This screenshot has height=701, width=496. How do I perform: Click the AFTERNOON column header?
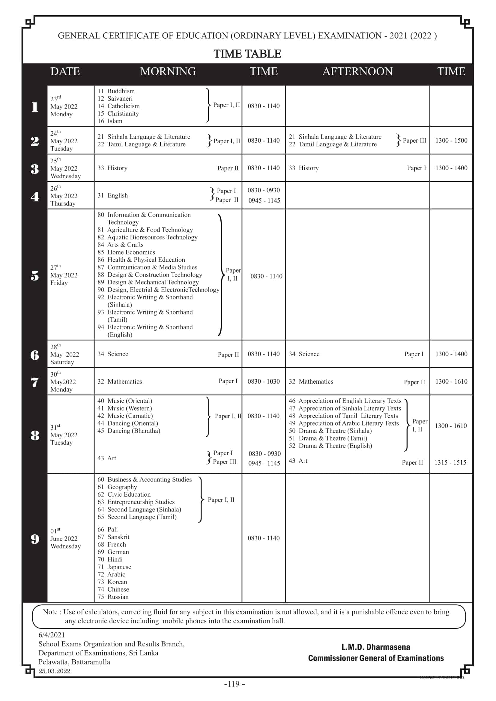357,71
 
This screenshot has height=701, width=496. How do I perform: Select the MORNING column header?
168,71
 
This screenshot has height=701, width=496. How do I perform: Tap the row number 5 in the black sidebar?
35,276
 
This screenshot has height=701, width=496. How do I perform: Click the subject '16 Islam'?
110,121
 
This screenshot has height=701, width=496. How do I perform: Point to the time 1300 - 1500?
451,141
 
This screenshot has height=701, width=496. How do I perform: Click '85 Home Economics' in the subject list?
126,252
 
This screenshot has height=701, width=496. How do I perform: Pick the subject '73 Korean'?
112,582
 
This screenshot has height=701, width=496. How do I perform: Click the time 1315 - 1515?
450,462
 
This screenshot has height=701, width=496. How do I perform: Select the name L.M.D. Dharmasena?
376,647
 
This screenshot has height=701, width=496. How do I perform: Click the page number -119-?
235,684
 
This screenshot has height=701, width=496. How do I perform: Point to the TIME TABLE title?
247,54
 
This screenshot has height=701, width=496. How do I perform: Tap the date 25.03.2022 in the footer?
54,671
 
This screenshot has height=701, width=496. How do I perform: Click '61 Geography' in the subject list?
117,487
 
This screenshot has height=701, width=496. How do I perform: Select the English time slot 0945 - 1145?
264,200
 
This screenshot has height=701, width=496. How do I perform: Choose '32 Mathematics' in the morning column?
120,382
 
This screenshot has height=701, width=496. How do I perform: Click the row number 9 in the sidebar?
35,539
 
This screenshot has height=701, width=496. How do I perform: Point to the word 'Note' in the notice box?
50,612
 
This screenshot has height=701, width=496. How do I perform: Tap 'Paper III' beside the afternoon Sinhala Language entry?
414,141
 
